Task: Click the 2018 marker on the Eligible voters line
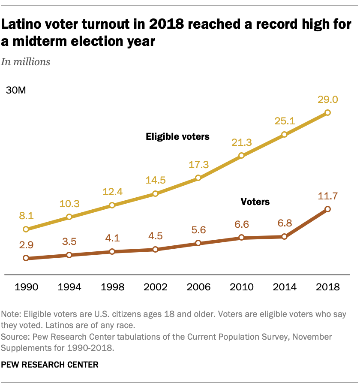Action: [327, 113]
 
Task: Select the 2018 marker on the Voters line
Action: [327, 209]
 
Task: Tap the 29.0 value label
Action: [328, 100]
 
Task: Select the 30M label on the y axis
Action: [15, 91]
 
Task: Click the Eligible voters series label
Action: [177, 137]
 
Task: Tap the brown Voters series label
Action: [255, 201]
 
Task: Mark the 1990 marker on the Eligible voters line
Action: [26, 229]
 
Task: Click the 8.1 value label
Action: [26, 216]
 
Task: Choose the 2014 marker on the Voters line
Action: [284, 236]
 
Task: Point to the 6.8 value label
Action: [285, 223]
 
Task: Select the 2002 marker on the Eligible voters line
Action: [155, 194]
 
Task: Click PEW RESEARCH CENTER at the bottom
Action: [50, 365]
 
